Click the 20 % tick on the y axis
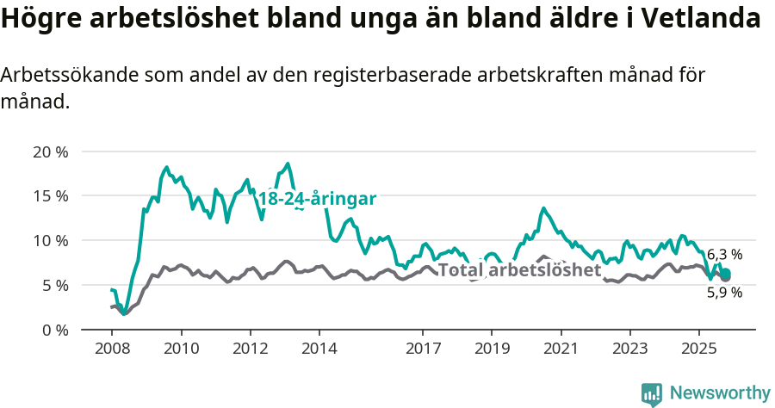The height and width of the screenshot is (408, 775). (50, 151)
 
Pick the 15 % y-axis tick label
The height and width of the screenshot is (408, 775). (50, 196)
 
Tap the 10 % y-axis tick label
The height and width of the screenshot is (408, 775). (50, 240)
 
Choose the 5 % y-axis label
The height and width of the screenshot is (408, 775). (53, 285)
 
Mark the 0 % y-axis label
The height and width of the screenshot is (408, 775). (53, 330)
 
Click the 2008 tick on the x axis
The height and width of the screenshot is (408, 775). (112, 349)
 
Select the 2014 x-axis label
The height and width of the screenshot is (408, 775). (319, 349)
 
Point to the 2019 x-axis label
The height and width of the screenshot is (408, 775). (491, 349)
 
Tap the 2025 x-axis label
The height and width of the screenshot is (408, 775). (697, 349)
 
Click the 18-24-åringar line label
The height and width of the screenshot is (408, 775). (317, 199)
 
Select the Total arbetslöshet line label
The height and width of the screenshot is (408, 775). (519, 269)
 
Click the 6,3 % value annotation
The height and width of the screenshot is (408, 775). (724, 255)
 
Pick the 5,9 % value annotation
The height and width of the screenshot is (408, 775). (724, 293)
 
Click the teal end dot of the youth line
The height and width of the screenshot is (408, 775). (725, 274)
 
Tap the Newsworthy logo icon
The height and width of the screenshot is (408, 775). (652, 393)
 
